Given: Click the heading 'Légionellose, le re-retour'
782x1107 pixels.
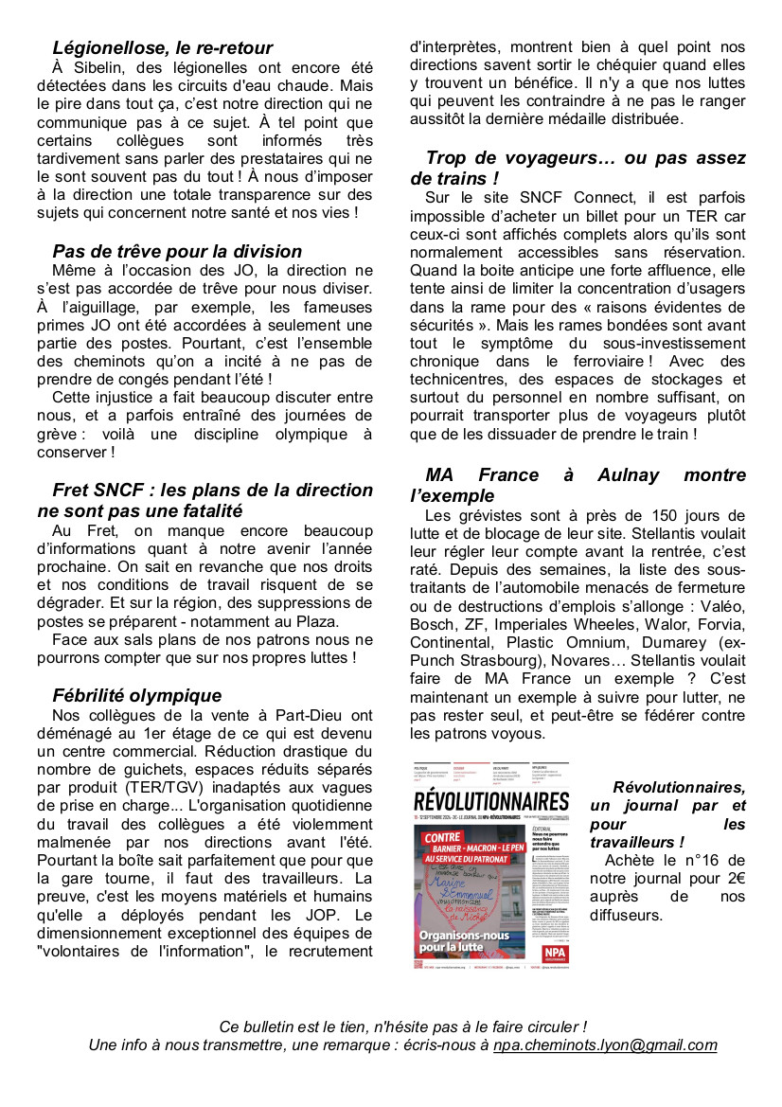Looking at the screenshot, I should pyautogui.click(x=163, y=47).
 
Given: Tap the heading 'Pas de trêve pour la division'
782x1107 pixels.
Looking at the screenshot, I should pyautogui.click(x=177, y=251).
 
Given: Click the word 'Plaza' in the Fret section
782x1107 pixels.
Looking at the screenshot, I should pyautogui.click(x=313, y=621).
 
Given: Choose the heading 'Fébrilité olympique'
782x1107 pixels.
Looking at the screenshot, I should pyautogui.click(x=137, y=695).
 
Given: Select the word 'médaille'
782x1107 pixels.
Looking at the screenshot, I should pyautogui.click(x=575, y=118).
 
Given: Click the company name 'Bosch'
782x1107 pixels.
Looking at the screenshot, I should pyautogui.click(x=431, y=625).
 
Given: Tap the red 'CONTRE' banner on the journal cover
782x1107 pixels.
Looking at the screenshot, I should pyautogui.click(x=442, y=838).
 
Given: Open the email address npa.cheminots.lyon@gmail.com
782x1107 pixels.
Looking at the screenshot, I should pyautogui.click(x=605, y=1045).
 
